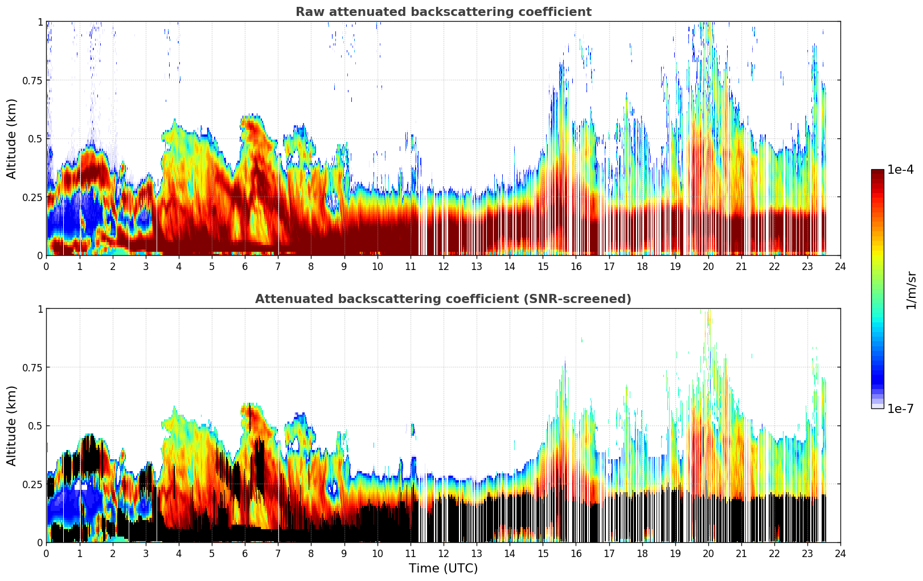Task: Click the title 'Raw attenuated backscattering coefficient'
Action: [x=443, y=12]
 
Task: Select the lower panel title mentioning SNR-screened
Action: [x=443, y=299]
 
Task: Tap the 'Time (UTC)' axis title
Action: [x=443, y=568]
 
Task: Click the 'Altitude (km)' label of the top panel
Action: [x=12, y=138]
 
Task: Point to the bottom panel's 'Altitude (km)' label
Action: [x=12, y=425]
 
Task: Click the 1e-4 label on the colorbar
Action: [x=900, y=170]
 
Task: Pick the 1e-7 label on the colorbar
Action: [x=900, y=408]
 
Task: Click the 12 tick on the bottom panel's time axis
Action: [x=444, y=553]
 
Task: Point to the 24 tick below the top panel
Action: [x=840, y=266]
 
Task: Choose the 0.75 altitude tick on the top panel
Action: [x=32, y=80]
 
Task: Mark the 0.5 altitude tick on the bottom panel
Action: [x=35, y=426]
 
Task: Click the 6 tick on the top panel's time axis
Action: [x=245, y=266]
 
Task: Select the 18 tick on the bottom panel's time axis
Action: [x=642, y=553]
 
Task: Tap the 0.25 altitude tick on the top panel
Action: [x=32, y=197]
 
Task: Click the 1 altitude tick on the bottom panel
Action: [x=40, y=309]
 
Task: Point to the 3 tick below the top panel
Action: [x=146, y=266]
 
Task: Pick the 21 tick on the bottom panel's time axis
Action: [x=741, y=553]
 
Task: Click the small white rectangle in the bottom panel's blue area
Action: [x=81, y=487]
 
